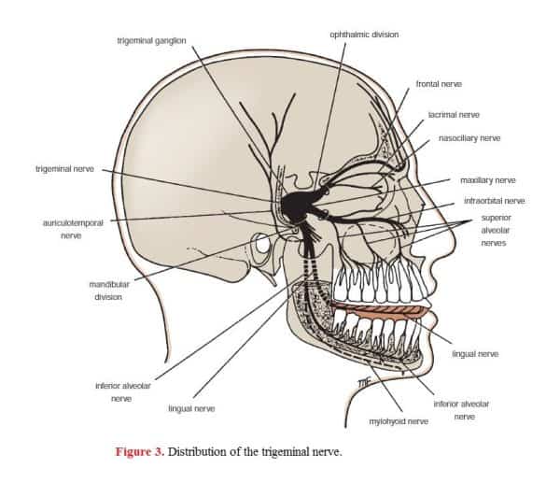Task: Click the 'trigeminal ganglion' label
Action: [x=151, y=41]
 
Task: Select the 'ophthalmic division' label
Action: [x=364, y=35]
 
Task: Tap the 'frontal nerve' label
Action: [x=439, y=84]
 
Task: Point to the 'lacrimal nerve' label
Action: [x=454, y=115]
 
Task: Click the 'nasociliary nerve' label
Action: [x=469, y=138]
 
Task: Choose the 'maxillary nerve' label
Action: [x=488, y=180]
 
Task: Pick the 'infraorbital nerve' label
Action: [x=495, y=201]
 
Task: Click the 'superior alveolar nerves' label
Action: [x=496, y=230]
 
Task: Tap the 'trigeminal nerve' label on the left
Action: [x=64, y=169]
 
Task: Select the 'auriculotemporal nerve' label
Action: [x=73, y=229]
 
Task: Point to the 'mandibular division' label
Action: [x=109, y=291]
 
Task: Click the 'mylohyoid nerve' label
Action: [x=399, y=421]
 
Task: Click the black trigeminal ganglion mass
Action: [x=297, y=206]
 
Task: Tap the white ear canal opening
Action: [x=262, y=245]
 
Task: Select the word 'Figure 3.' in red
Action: [x=140, y=452]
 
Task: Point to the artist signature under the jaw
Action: [x=365, y=382]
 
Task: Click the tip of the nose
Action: [x=455, y=239]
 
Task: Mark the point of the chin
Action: [x=430, y=362]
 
